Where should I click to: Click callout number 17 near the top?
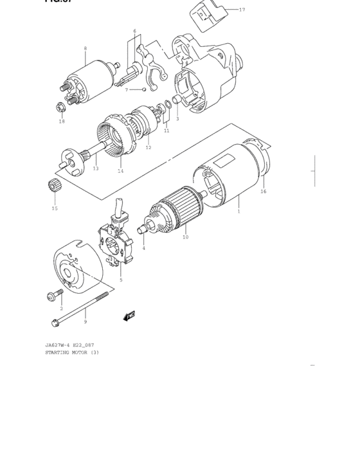click(x=242, y=10)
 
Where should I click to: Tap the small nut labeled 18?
click(x=60, y=107)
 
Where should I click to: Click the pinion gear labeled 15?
click(x=53, y=186)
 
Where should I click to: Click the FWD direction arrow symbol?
click(x=130, y=315)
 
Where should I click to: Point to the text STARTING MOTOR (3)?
click(x=71, y=352)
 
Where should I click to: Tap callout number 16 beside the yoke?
click(x=263, y=191)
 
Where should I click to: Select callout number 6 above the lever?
click(x=134, y=31)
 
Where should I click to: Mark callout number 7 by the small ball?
click(x=127, y=89)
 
